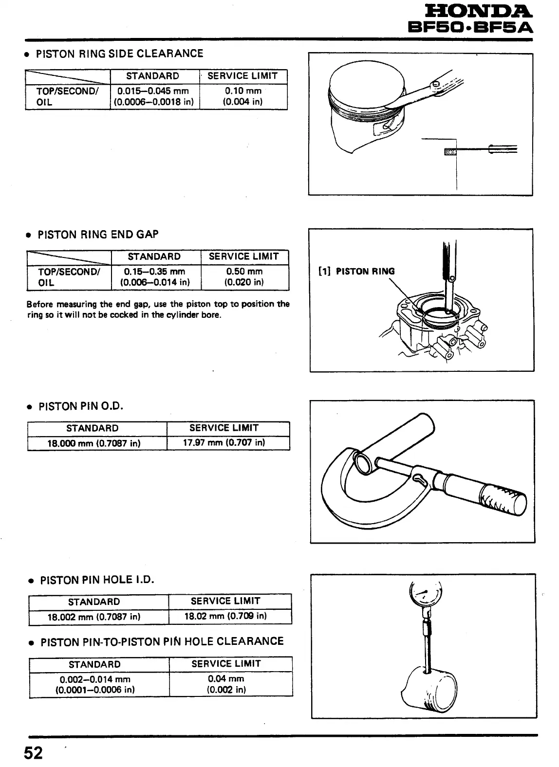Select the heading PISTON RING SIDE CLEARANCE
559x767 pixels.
pyautogui.click(x=120, y=54)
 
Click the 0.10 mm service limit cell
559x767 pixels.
pyautogui.click(x=243, y=96)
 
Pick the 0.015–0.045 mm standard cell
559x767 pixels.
pyautogui.click(x=153, y=96)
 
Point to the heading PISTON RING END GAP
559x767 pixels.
pyautogui.click(x=98, y=235)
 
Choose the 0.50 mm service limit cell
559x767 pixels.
pyautogui.click(x=244, y=277)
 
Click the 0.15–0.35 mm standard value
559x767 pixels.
pyautogui.click(x=155, y=272)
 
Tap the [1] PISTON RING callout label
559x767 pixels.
pyautogui.click(x=356, y=272)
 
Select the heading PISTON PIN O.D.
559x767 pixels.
pyautogui.click(x=81, y=406)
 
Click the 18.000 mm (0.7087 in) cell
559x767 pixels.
pyautogui.click(x=97, y=443)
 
